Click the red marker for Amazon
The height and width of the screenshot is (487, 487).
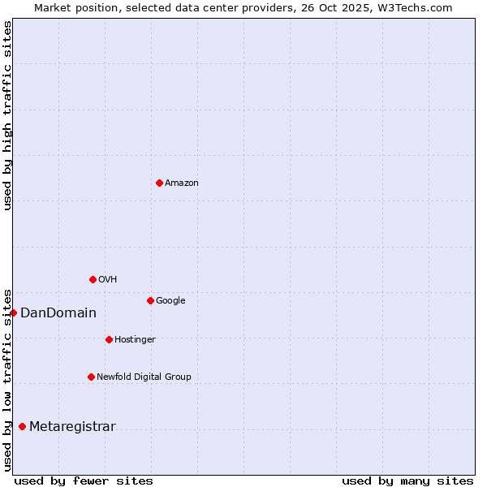pos(159,183)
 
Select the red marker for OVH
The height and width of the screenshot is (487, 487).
pos(93,279)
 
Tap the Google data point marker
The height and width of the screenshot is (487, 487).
pos(150,300)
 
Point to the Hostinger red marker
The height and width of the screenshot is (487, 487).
pos(109,339)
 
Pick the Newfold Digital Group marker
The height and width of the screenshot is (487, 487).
pos(91,377)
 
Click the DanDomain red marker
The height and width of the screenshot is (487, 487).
pos(13,312)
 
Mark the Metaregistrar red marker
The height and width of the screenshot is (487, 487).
pos(22,426)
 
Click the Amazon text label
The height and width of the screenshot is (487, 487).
pos(182,183)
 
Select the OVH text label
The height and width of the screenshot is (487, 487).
pos(108,280)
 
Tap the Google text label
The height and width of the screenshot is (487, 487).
pos(170,301)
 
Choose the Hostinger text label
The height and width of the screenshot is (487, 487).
pos(135,340)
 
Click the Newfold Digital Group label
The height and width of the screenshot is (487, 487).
pos(144,377)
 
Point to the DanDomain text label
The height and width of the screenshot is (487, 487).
pos(58,313)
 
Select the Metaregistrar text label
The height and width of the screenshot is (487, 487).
pos(72,427)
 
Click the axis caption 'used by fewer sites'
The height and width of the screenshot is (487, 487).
pos(83,481)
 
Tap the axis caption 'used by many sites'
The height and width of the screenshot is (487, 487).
pos(407,481)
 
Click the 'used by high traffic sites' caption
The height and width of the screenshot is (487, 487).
pos(7,115)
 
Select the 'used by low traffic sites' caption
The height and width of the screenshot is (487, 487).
pos(7,379)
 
